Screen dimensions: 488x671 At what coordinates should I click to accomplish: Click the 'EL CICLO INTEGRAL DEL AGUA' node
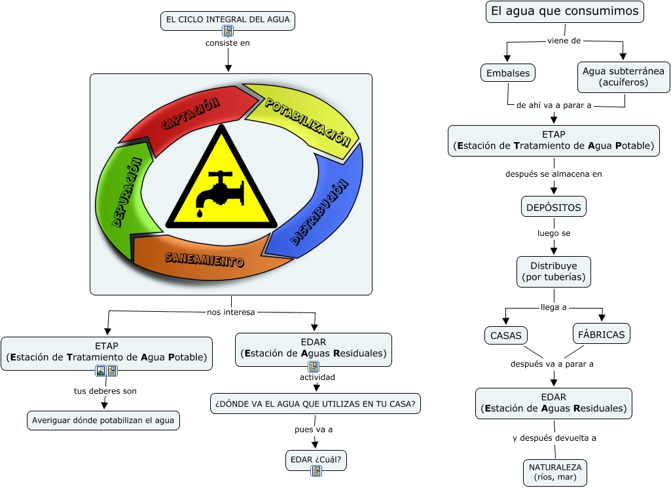click(x=228, y=20)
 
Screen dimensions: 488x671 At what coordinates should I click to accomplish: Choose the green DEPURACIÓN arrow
click(x=126, y=193)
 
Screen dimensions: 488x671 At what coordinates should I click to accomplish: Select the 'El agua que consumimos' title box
click(x=564, y=12)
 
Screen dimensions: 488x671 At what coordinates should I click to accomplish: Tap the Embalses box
click(x=507, y=73)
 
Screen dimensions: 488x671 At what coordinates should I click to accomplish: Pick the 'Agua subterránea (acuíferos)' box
click(x=623, y=77)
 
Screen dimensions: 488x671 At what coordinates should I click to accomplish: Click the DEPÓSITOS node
click(x=554, y=207)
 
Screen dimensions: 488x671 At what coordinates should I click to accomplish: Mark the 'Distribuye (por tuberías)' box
click(x=554, y=272)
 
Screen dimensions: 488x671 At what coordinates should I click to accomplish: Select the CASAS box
click(x=506, y=335)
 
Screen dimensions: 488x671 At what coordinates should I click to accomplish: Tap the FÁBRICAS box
click(x=602, y=334)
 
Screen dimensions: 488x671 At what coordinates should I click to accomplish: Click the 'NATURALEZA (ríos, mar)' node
click(x=555, y=472)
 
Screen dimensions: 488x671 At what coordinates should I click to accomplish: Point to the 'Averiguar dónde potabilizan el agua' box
click(x=103, y=421)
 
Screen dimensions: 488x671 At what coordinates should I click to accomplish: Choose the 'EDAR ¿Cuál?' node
click(x=316, y=460)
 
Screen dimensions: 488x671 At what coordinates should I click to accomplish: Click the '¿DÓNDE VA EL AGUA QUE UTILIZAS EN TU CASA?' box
click(x=315, y=404)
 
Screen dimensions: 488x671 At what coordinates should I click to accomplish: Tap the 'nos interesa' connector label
click(x=230, y=312)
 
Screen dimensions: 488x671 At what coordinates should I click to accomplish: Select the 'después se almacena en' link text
click(x=553, y=174)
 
